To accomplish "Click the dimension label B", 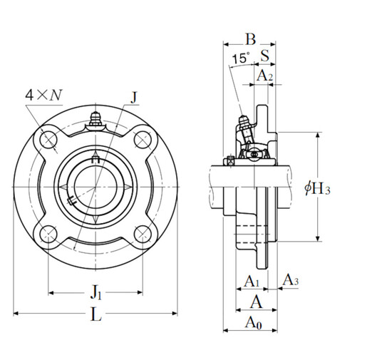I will point(250,38).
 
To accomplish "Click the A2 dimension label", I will point(262,74).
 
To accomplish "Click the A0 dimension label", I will point(252,322).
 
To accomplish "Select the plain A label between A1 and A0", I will point(251,302).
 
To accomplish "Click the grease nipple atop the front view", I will point(97,120).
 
